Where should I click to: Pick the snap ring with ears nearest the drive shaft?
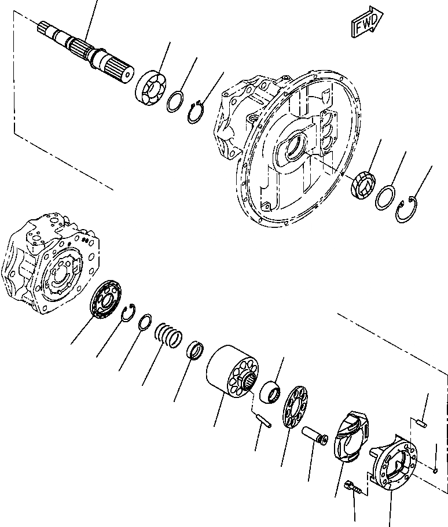point(197,111)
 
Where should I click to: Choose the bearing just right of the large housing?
point(364,185)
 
